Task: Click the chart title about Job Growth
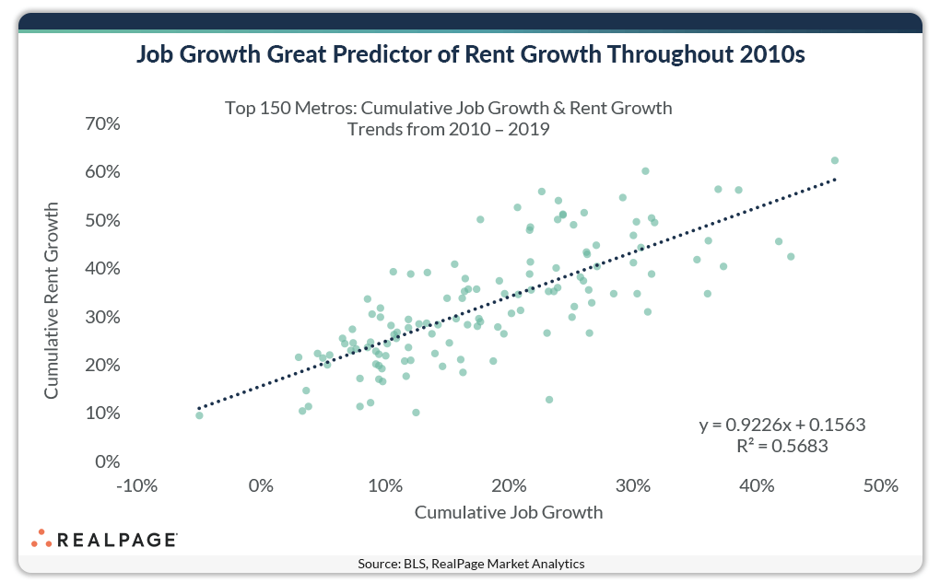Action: (x=470, y=54)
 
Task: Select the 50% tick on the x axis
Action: (x=880, y=485)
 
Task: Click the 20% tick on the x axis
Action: (x=510, y=485)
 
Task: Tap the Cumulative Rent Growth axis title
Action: (x=52, y=301)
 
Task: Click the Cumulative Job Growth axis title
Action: (x=509, y=512)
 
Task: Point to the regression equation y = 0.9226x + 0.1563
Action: (x=782, y=426)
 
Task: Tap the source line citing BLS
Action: (x=471, y=563)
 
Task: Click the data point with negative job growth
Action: (x=199, y=415)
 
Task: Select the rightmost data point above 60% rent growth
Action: (x=835, y=160)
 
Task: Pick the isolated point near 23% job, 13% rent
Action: (x=549, y=400)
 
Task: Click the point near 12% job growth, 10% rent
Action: (x=416, y=413)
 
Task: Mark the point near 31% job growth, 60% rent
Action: (x=645, y=171)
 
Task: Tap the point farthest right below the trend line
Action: (x=790, y=257)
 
